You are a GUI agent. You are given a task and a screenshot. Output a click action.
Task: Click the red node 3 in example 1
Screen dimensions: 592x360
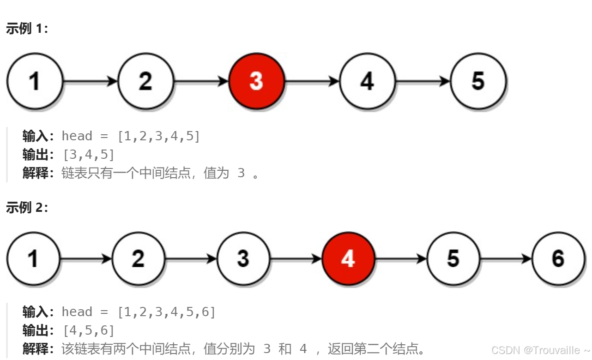(x=256, y=81)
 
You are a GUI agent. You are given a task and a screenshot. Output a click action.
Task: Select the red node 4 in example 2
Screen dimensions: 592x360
(x=348, y=259)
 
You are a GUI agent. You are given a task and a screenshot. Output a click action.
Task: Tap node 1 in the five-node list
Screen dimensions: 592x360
(x=34, y=81)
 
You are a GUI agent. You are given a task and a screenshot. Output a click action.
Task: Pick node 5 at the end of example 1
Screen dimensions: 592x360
(x=478, y=81)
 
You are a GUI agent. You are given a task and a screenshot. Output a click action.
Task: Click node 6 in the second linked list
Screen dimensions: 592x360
(x=558, y=259)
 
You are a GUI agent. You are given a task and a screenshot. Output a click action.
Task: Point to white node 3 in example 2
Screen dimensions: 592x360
(x=243, y=259)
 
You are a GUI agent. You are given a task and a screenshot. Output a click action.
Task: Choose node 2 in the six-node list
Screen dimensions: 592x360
(x=138, y=259)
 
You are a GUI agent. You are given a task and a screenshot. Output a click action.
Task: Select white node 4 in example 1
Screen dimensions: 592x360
(x=367, y=81)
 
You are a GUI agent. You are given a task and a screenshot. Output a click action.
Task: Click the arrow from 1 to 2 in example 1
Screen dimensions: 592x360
(x=90, y=81)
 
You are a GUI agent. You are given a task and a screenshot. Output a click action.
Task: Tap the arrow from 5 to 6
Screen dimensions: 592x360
(x=506, y=259)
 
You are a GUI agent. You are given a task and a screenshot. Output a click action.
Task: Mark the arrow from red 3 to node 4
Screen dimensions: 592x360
(x=312, y=81)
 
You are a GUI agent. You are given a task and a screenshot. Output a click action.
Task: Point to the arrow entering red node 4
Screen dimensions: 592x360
(x=296, y=259)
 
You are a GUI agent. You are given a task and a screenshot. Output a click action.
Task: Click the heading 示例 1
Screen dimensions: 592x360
(x=27, y=29)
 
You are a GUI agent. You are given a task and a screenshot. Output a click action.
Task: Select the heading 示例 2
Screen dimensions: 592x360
(x=27, y=208)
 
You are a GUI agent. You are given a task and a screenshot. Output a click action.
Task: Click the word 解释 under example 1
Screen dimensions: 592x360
(x=35, y=173)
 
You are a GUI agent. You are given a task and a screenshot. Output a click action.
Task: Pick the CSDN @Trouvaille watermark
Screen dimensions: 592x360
(x=540, y=350)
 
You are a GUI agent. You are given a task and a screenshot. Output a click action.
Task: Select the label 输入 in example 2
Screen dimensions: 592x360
(x=35, y=312)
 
